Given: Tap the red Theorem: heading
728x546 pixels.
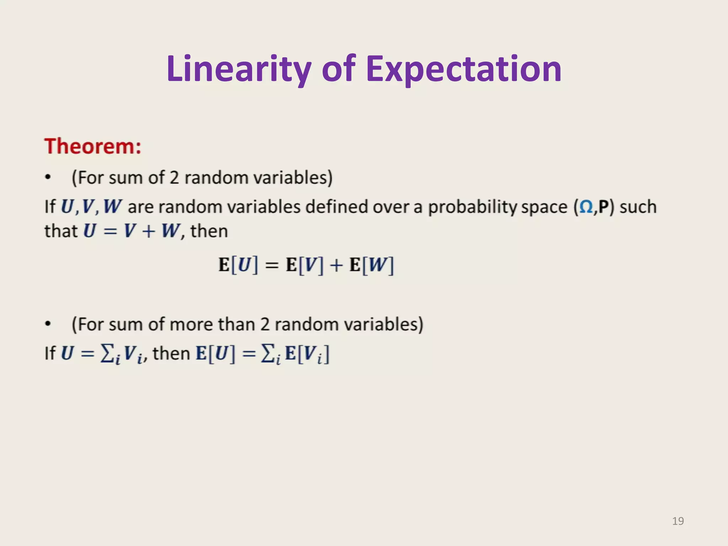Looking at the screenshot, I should tap(93, 146).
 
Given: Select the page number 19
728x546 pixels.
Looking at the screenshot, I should tap(678, 521).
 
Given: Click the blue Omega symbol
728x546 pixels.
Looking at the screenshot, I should tap(586, 207).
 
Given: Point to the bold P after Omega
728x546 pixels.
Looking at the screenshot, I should tap(604, 207).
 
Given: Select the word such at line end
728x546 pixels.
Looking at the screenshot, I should tap(638, 207).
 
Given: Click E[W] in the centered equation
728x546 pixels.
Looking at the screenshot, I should tap(372, 265).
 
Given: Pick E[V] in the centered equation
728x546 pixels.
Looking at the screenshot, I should tap(305, 265).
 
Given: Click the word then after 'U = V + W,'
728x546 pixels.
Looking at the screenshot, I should tap(209, 231).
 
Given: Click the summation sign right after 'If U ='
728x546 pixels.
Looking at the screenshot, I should tap(107, 353).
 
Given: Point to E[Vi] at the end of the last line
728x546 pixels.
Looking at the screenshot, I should tap(307, 354).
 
